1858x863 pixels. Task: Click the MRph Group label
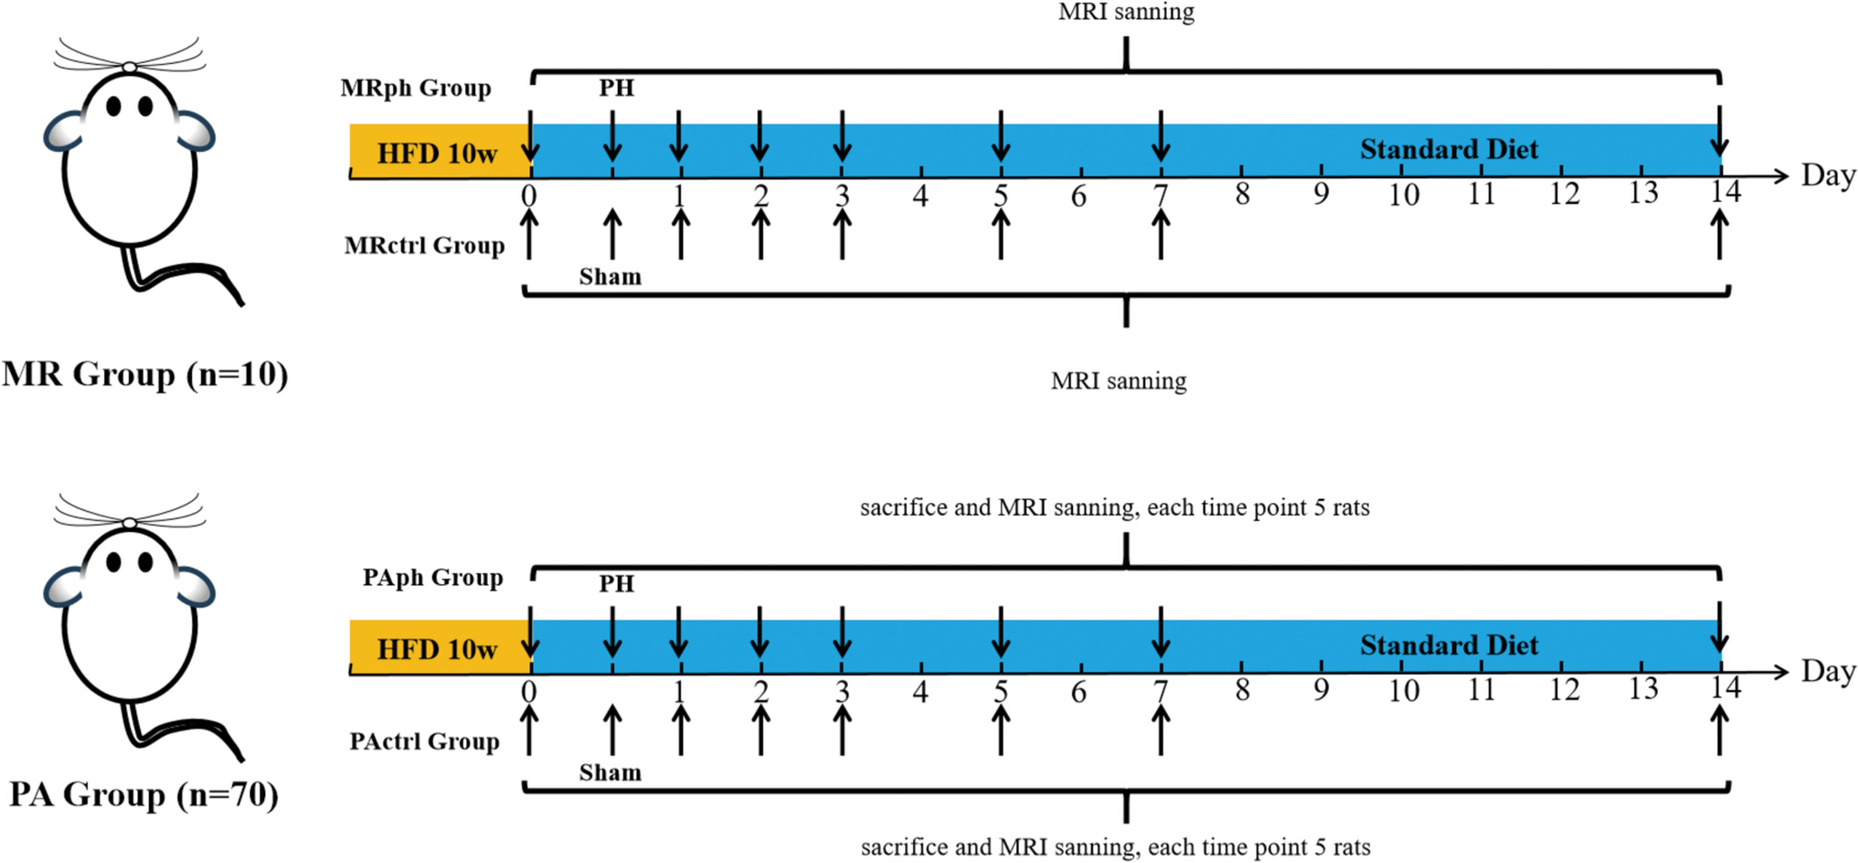pyautogui.click(x=416, y=88)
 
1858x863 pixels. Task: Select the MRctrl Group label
pyautogui.click(x=424, y=245)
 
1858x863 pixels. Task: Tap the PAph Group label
pyautogui.click(x=432, y=578)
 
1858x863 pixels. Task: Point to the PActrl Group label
pyautogui.click(x=424, y=740)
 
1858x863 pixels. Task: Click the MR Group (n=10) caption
pyautogui.click(x=144, y=374)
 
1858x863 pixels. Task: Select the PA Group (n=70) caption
pyautogui.click(x=143, y=794)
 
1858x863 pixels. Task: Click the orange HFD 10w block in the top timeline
pyautogui.click(x=437, y=152)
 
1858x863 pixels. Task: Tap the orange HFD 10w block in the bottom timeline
pyautogui.click(x=437, y=648)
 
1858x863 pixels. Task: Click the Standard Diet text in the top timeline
pyautogui.click(x=1449, y=149)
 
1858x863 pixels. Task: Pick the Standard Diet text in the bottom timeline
pyautogui.click(x=1449, y=645)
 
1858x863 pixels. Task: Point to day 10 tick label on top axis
pyautogui.click(x=1403, y=195)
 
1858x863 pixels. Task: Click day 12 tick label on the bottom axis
pyautogui.click(x=1564, y=689)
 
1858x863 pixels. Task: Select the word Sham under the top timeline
pyautogui.click(x=610, y=276)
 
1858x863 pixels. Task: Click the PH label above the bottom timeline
pyautogui.click(x=616, y=583)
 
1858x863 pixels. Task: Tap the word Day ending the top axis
pyautogui.click(x=1828, y=175)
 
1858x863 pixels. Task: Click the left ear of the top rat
pyautogui.click(x=64, y=131)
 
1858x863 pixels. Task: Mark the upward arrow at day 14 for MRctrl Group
pyautogui.click(x=1720, y=233)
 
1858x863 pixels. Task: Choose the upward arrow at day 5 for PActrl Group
pyautogui.click(x=1001, y=730)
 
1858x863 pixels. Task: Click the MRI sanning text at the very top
pyautogui.click(x=1126, y=12)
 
